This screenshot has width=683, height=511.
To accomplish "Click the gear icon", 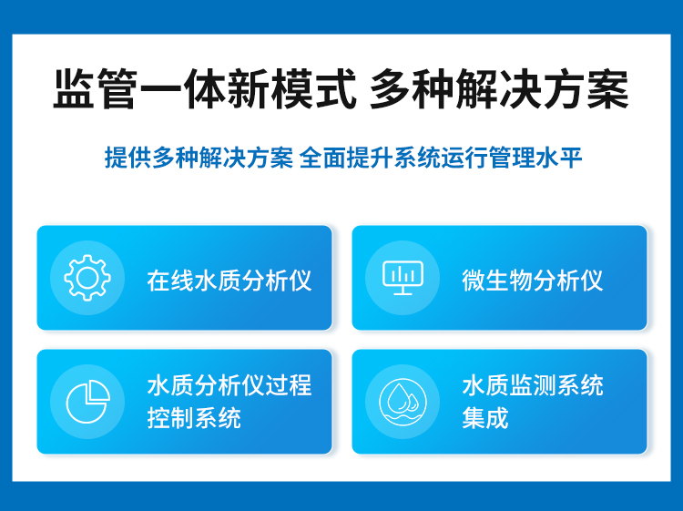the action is (x=87, y=278).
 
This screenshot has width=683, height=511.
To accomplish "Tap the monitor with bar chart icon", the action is (x=403, y=278).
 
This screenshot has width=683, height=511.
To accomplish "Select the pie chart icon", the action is (x=87, y=401).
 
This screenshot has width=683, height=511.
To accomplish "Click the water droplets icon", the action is (x=403, y=401).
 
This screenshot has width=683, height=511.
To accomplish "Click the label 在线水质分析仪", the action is (x=229, y=281).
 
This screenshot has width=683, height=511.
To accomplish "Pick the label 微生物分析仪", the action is (x=533, y=281).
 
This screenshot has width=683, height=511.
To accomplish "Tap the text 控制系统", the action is (x=194, y=418).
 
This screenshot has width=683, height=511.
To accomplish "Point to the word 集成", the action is (x=485, y=418).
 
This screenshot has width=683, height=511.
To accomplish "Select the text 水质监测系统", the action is (x=533, y=385).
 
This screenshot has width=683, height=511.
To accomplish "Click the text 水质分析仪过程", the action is (x=229, y=385).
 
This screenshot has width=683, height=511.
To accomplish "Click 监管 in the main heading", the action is (x=96, y=88).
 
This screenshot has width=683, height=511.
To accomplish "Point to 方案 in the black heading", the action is (x=586, y=88).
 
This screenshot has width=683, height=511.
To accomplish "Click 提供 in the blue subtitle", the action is (x=128, y=158).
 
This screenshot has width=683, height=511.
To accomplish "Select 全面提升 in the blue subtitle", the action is (x=346, y=158).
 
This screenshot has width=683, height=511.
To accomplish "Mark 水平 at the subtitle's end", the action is (x=559, y=158).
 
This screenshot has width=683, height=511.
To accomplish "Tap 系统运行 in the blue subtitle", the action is (x=441, y=158).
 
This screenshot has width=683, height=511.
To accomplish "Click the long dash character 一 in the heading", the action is (x=160, y=88).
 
